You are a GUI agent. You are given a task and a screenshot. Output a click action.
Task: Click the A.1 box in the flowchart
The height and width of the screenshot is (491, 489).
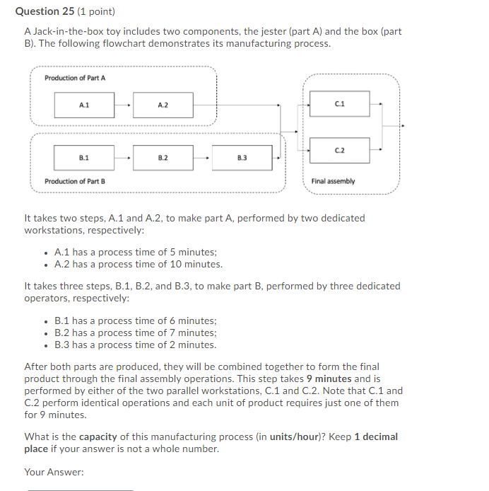pyautogui.click(x=85, y=105)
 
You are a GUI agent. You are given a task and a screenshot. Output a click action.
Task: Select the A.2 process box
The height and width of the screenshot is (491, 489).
pyautogui.click(x=163, y=105)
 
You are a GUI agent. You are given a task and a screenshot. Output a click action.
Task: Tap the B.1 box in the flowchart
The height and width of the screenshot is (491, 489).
pyautogui.click(x=84, y=157)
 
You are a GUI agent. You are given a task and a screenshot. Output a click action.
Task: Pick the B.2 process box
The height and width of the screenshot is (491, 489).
pyautogui.click(x=163, y=157)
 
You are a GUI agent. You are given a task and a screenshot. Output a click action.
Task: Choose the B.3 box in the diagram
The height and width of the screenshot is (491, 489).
pyautogui.click(x=242, y=157)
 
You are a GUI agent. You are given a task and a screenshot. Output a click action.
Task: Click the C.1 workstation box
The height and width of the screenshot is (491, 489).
pyautogui.click(x=340, y=104)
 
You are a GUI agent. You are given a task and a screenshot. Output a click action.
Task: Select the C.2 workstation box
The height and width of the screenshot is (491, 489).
pyautogui.click(x=340, y=150)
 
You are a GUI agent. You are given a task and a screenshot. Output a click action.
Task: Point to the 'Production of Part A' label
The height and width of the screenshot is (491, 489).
pyautogui.click(x=75, y=78)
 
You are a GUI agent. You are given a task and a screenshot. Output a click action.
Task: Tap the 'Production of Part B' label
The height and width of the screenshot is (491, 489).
pyautogui.click(x=75, y=182)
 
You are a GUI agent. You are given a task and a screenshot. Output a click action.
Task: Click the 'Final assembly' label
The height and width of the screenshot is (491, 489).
pyautogui.click(x=333, y=182)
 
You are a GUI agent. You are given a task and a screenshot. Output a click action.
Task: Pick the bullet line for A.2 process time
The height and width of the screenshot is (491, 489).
pyautogui.click(x=139, y=265)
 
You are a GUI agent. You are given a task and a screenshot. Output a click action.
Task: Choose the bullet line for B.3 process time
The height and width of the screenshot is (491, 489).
pyautogui.click(x=136, y=345)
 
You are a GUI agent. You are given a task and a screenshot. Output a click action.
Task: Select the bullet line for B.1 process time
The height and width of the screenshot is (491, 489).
pyautogui.click(x=136, y=320)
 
